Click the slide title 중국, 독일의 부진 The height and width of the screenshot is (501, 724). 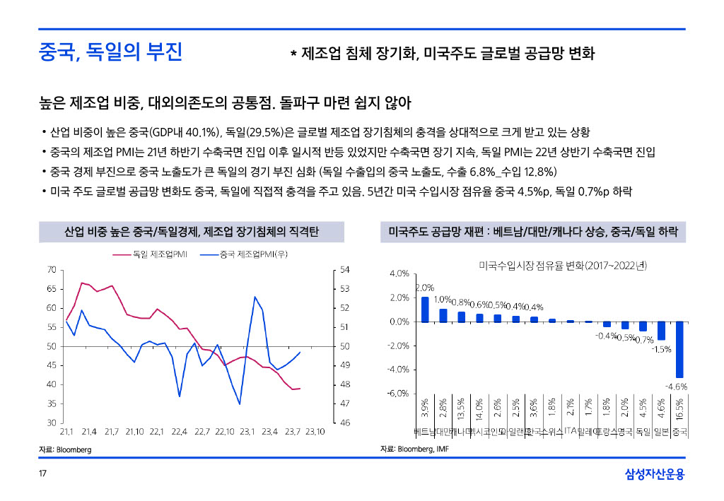tap(111, 52)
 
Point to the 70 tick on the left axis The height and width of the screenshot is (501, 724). tap(52, 269)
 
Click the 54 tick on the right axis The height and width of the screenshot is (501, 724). tap(344, 269)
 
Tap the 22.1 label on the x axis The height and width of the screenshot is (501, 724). tap(156, 431)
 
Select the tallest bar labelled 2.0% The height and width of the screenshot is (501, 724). tap(425, 309)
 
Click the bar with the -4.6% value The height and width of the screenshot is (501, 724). tap(679, 350)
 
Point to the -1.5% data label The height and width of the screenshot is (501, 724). tap(662, 349)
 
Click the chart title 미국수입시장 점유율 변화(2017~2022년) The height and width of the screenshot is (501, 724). tap(563, 265)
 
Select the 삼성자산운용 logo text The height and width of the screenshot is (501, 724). tap(655, 474)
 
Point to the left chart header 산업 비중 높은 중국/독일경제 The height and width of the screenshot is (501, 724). tap(192, 231)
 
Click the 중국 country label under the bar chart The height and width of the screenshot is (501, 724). tap(680, 431)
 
